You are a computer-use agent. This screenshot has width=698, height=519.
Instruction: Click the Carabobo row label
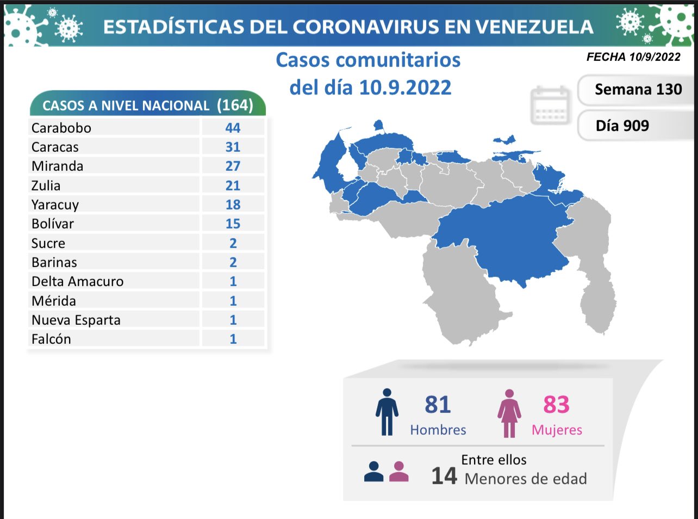61,128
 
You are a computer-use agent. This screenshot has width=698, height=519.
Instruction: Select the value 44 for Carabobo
233,128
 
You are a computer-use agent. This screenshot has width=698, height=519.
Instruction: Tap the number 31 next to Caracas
233,147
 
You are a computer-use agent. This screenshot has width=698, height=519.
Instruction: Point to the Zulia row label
46,186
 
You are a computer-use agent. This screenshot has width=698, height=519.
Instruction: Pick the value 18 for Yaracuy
233,205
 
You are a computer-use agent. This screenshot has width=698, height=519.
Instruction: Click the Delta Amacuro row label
78,281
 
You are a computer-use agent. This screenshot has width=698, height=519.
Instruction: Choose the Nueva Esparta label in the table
76,320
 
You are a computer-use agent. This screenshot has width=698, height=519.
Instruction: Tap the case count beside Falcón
233,339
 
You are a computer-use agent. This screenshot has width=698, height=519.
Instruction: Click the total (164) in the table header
235,104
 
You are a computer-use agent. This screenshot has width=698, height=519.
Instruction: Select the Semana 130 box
638,89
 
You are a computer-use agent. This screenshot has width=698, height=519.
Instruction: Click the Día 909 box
622,126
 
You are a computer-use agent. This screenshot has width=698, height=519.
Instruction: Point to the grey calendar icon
550,105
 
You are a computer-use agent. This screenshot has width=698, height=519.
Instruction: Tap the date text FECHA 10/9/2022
633,57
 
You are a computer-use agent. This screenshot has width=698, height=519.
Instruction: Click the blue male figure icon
387,412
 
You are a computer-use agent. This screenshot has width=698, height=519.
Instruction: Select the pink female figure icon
509,413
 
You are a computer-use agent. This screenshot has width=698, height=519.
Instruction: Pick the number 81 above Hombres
438,405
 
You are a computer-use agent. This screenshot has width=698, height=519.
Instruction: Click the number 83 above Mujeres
556,405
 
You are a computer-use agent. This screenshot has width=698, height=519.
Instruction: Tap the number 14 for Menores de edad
444,476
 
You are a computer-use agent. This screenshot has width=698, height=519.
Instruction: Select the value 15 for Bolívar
233,224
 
